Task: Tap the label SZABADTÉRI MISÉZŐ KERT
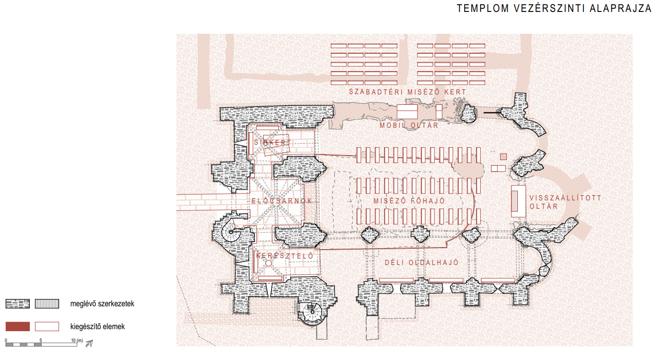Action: [x=408, y=92]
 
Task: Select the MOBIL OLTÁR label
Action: [x=409, y=125]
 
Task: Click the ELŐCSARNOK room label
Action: [x=282, y=201]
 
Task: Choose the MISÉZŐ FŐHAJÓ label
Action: [x=409, y=201]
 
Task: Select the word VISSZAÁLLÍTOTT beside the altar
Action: [x=566, y=198]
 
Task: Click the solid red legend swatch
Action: [x=18, y=327]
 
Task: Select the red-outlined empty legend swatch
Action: [x=47, y=327]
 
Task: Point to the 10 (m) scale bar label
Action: [x=77, y=341]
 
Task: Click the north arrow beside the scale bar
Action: [x=89, y=343]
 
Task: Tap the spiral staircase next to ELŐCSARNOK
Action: [x=230, y=230]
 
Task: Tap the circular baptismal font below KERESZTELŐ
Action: [x=269, y=264]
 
